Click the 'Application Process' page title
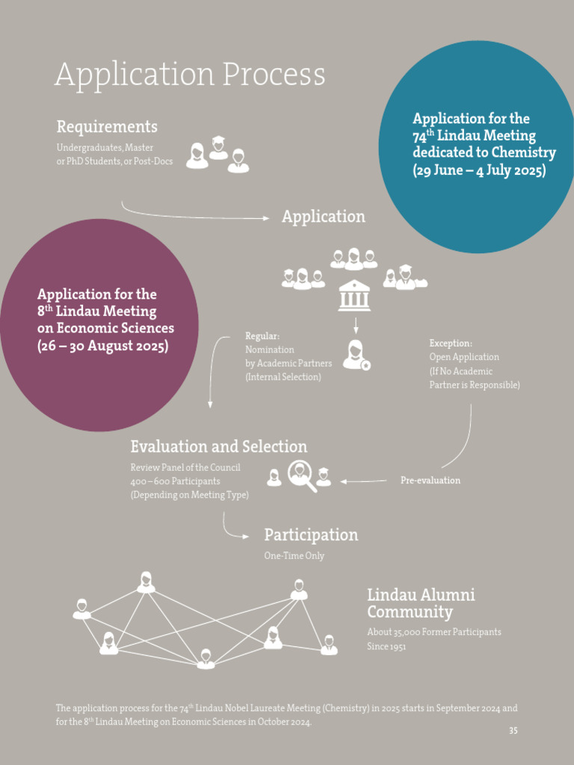pos(190,75)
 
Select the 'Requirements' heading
pos(107,127)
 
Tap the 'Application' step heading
pos(323,217)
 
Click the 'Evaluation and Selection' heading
pos(218,447)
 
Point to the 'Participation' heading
pos(311,535)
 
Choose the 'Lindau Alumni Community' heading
pos(421,604)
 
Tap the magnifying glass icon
pos(302,477)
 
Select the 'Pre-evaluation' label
pos(430,480)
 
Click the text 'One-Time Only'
pos(294,556)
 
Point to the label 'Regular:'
pos(262,336)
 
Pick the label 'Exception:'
pos(451,343)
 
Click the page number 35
pos(513,731)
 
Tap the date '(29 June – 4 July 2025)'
pos(479,170)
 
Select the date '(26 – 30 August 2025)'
pos(102,346)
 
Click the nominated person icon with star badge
pos(357,355)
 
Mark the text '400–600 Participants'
pos(175,481)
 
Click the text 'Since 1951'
pos(386,646)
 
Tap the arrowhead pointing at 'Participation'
pos(246,536)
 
